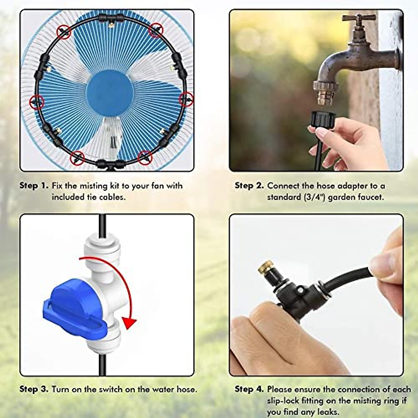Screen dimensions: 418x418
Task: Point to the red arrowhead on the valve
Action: point(130,323)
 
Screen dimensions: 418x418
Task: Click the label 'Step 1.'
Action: point(34,186)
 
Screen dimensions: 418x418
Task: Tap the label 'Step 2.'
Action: point(249,186)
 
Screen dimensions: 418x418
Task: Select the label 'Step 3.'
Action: point(34,389)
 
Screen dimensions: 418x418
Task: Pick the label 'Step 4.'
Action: point(249,389)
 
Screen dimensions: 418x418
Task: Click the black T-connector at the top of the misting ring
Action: point(110,18)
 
